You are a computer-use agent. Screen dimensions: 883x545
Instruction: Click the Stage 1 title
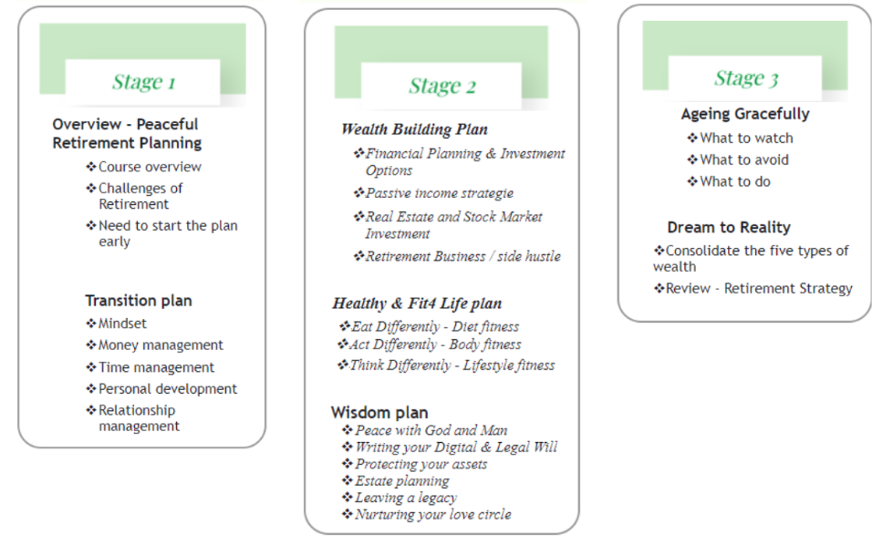click(144, 82)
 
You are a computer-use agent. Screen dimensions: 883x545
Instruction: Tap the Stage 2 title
click(442, 86)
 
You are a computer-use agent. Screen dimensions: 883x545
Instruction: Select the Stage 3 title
click(747, 78)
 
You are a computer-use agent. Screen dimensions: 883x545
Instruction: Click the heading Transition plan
click(139, 301)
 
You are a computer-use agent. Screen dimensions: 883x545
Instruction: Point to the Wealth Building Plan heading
click(414, 129)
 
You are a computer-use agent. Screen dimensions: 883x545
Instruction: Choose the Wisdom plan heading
click(379, 412)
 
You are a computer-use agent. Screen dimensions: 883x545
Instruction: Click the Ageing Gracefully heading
click(745, 114)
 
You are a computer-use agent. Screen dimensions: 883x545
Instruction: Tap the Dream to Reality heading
click(729, 227)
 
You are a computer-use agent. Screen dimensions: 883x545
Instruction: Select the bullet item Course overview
click(150, 167)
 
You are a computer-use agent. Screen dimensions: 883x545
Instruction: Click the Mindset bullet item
click(122, 324)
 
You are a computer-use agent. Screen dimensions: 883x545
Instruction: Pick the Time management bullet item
click(157, 367)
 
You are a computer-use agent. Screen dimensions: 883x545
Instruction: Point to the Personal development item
click(168, 388)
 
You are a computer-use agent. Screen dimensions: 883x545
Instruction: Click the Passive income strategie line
click(440, 193)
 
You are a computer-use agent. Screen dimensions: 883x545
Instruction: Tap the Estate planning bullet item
click(402, 481)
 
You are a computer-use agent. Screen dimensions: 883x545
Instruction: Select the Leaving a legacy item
click(405, 498)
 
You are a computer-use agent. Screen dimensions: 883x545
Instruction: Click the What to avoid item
click(744, 160)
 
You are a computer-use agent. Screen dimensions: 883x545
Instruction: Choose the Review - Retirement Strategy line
click(759, 289)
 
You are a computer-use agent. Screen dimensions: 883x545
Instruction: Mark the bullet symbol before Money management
click(91, 344)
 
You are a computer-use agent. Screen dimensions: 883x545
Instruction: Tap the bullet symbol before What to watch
click(692, 138)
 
